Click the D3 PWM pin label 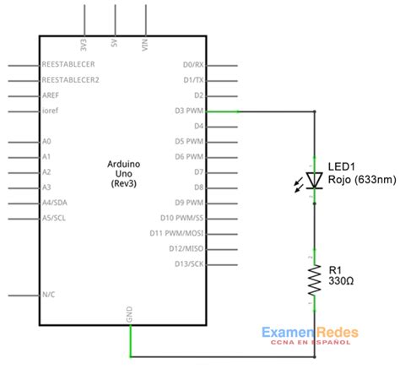coord(187,111)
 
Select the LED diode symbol coord(314,179)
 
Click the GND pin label coord(130,314)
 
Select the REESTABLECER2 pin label coord(71,79)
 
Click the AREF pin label coord(51,95)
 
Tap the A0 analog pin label coord(46,141)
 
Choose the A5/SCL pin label coord(56,218)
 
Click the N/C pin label coord(49,295)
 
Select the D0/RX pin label coord(192,64)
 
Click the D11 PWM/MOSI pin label coord(176,233)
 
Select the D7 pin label coord(198,171)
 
